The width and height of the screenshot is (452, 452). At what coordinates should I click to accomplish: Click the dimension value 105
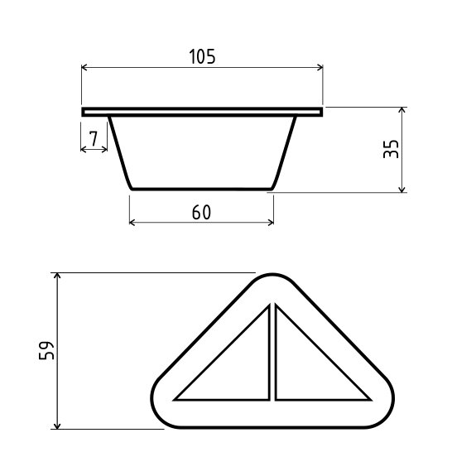coord(202,56)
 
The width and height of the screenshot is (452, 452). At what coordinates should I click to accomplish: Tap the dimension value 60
coord(201,213)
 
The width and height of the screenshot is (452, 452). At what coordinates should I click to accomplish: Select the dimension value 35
coord(391,149)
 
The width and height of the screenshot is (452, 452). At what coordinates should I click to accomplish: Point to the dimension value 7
coord(94,138)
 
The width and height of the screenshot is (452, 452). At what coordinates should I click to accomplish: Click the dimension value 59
coord(46,350)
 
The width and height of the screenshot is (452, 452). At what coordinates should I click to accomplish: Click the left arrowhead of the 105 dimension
coord(84,67)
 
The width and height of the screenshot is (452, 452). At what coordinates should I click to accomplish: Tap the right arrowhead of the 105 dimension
coord(320,67)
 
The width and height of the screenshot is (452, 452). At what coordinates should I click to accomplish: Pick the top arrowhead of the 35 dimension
coord(402,109)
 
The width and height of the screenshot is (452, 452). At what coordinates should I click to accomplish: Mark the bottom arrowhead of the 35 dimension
coord(402,190)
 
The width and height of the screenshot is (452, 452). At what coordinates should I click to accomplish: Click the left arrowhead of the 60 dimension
coord(132,222)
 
